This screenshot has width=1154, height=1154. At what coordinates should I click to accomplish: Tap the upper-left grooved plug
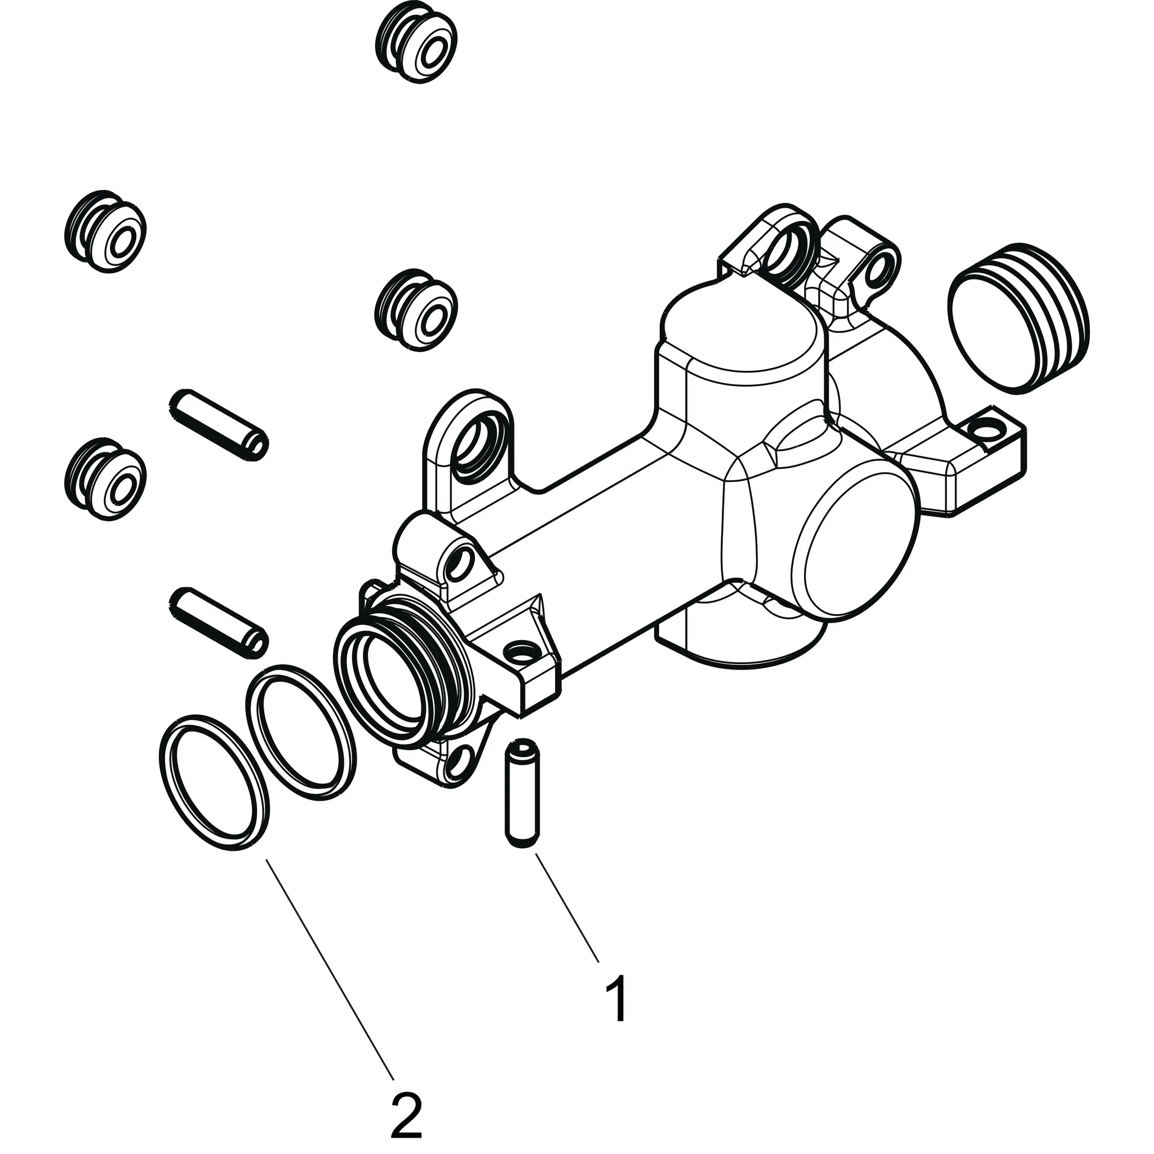[106, 231]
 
